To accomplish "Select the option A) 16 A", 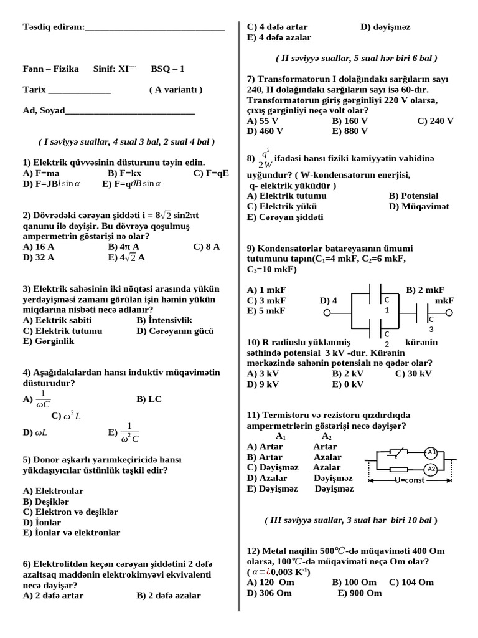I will pos(39,247).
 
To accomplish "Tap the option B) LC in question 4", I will pos(149,399).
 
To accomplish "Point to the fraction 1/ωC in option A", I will pos(43,399).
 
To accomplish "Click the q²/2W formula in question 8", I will pos(266,158).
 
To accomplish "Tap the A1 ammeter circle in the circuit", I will pos(431,452).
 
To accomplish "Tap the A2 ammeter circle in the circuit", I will pos(431,469).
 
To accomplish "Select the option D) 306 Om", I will pos(269,593).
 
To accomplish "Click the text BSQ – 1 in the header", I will pos(167,69).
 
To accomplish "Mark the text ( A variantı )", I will pos(176,90).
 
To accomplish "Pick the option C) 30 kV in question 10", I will pos(413,374).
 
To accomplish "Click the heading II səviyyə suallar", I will pos(356,58).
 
